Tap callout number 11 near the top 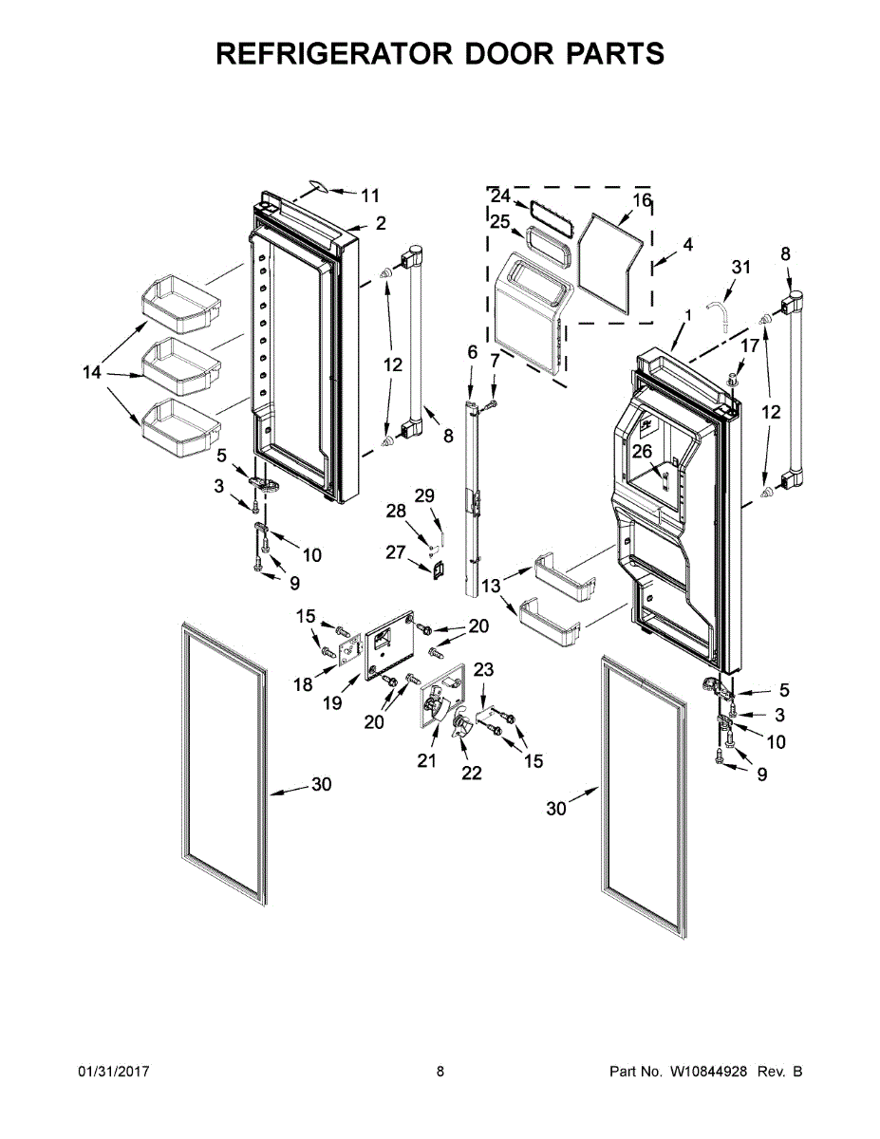click(370, 196)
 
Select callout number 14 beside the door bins click(91, 373)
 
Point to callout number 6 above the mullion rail click(473, 352)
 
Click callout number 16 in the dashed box click(643, 200)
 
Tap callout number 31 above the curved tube click(740, 268)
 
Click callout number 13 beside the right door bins click(491, 587)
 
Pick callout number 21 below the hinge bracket click(426, 760)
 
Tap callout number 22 click(472, 773)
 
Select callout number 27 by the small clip click(396, 552)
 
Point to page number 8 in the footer click(440, 1072)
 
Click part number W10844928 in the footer click(710, 1072)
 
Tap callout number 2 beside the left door click(380, 224)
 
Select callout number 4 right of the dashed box click(686, 244)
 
